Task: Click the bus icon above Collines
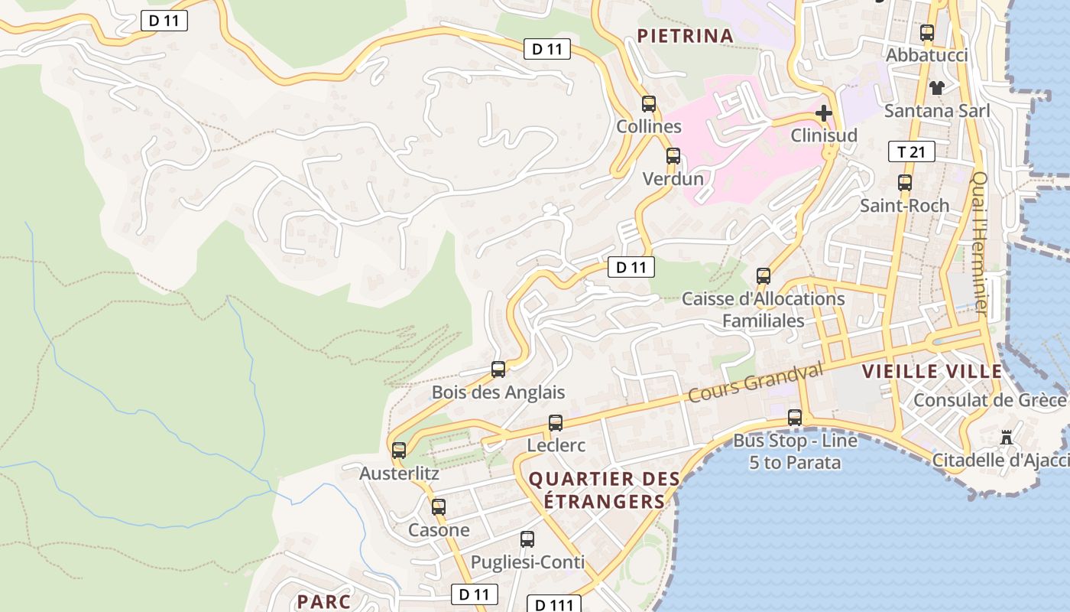(x=649, y=104)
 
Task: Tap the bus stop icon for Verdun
(x=673, y=156)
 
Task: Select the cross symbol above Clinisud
(x=823, y=113)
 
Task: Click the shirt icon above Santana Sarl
(x=936, y=87)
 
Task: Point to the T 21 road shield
(x=911, y=151)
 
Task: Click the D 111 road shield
(x=553, y=604)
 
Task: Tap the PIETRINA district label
(x=685, y=35)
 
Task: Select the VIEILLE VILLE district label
(x=932, y=372)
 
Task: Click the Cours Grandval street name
(x=755, y=382)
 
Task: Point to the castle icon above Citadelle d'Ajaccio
(x=1007, y=438)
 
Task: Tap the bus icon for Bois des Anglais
(x=498, y=369)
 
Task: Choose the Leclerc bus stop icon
(x=556, y=423)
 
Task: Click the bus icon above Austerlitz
(x=399, y=451)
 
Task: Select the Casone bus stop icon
(x=439, y=506)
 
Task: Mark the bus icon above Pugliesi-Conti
(x=527, y=539)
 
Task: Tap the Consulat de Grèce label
(x=990, y=400)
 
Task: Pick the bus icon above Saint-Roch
(x=905, y=183)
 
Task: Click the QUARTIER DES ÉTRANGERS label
(x=604, y=490)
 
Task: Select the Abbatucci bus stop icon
(x=927, y=33)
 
